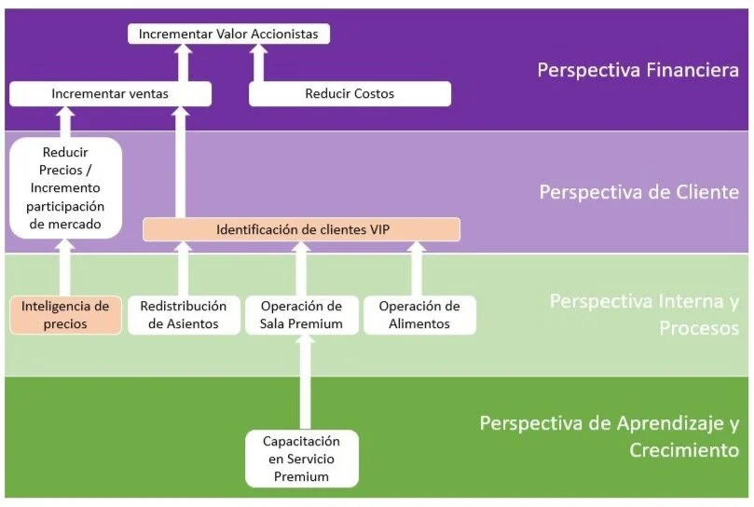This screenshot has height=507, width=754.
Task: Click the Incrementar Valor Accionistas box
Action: click(x=228, y=34)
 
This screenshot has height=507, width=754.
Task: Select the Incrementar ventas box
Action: click(x=110, y=93)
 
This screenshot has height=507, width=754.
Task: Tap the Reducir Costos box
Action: click(x=350, y=93)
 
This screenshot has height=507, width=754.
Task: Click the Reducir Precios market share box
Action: click(x=65, y=186)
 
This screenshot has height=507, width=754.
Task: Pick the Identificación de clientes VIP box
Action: click(x=301, y=228)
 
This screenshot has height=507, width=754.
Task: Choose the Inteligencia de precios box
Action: click(x=65, y=315)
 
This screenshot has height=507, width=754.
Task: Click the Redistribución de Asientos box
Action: click(x=183, y=315)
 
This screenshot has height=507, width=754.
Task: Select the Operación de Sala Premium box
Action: click(x=300, y=315)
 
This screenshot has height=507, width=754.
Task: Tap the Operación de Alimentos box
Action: click(x=418, y=315)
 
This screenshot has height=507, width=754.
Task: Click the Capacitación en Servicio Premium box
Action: click(x=301, y=458)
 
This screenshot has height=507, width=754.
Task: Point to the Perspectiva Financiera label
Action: click(x=637, y=70)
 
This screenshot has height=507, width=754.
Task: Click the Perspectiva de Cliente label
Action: click(x=638, y=192)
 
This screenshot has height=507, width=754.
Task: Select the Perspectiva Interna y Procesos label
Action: click(x=644, y=314)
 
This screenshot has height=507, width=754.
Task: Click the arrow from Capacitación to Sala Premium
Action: click(x=301, y=382)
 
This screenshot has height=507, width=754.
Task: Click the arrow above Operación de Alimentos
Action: click(x=417, y=269)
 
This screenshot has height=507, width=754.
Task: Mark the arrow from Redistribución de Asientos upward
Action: click(x=183, y=269)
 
